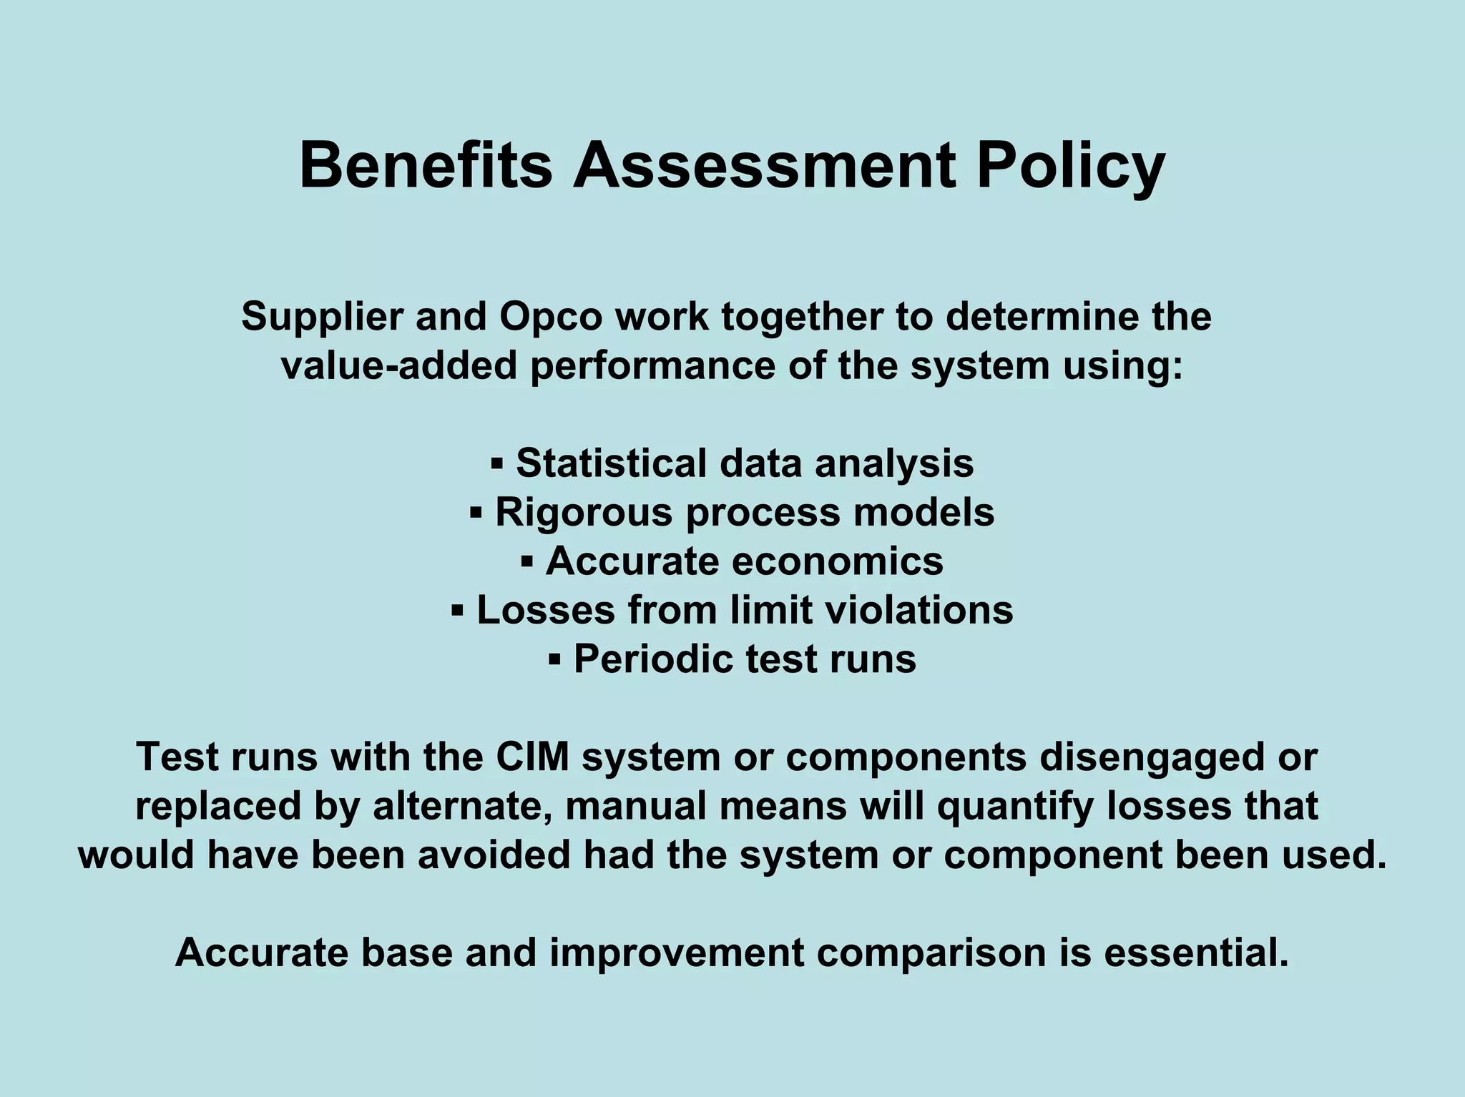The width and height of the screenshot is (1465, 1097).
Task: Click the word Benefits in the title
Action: coord(426,166)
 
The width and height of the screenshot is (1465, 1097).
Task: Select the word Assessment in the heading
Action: coord(764,166)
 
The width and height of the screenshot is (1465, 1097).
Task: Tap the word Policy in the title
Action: coord(1070,167)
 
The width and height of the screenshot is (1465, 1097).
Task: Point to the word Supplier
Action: coord(322,317)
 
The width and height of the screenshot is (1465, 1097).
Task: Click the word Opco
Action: coord(551,317)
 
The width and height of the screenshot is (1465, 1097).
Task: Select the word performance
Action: coord(652,367)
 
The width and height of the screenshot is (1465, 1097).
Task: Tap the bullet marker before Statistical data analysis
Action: coord(497,464)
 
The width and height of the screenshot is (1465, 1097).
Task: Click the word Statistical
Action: coord(612,463)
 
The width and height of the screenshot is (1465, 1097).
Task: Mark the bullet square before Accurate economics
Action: coord(527,561)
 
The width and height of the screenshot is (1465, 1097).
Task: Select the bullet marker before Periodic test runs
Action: coord(554,659)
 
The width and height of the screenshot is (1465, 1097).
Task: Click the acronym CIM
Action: coord(532,757)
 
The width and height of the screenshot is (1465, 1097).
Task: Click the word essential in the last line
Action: coord(1196,953)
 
